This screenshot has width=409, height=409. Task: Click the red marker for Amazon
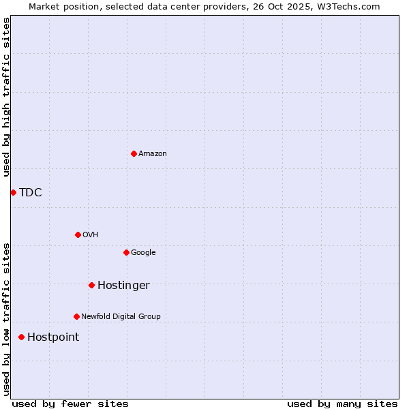(134, 153)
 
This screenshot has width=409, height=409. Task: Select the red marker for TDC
(13, 192)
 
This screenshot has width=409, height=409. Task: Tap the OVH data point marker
(78, 234)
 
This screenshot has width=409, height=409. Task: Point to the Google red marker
(126, 252)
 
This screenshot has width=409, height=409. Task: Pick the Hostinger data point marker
(91, 285)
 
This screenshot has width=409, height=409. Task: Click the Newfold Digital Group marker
(76, 316)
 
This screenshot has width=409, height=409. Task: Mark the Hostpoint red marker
(21, 337)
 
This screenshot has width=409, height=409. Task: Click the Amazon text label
(153, 154)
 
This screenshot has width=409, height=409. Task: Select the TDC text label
(31, 193)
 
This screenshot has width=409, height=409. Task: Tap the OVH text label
(91, 235)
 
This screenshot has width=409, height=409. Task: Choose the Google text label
(143, 253)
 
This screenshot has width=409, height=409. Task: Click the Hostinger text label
(123, 286)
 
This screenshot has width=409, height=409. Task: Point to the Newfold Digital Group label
(121, 317)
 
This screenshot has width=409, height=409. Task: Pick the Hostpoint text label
(53, 337)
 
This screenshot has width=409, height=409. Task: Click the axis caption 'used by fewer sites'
(70, 404)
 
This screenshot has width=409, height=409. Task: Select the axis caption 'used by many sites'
(342, 404)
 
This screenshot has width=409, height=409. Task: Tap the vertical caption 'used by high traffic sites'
(6, 97)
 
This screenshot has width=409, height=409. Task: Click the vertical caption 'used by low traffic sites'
(6, 318)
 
